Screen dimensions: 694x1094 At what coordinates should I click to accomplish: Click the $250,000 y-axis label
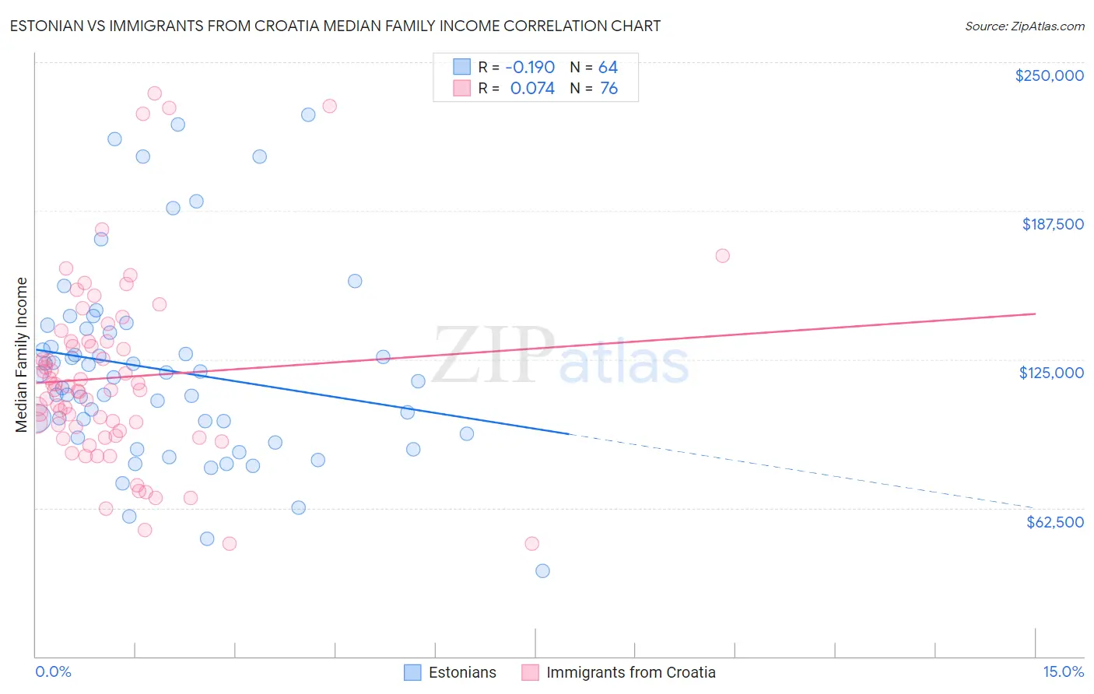[x=1049, y=75]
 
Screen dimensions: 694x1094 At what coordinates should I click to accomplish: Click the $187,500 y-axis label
[x=1053, y=224]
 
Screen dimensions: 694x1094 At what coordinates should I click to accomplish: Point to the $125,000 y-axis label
[x=1051, y=373]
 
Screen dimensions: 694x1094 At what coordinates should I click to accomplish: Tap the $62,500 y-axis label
[x=1055, y=522]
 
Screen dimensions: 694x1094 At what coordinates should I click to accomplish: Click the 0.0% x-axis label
[x=53, y=672]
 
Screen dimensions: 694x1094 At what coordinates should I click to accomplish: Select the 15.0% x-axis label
[x=1063, y=672]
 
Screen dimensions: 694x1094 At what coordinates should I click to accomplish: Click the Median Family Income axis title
[x=21, y=354]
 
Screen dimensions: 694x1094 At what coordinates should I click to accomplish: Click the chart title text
[x=335, y=26]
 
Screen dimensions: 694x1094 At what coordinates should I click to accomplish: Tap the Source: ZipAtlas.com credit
[x=1024, y=26]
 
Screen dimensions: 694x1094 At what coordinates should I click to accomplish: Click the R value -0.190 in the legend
[x=530, y=68]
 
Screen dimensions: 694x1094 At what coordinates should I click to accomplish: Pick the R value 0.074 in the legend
[x=532, y=89]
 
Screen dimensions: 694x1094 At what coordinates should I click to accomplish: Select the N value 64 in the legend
[x=608, y=68]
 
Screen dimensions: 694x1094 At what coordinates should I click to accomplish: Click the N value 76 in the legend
[x=608, y=89]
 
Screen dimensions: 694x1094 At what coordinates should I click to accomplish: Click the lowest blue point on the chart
[x=542, y=571]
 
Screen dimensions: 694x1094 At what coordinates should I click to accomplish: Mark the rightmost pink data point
[x=722, y=256]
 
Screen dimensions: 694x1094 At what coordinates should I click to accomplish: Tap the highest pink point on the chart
[x=154, y=93]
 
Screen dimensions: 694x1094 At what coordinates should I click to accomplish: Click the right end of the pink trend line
[x=1035, y=314]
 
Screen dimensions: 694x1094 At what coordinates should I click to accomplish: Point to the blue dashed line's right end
[x=1035, y=507]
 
